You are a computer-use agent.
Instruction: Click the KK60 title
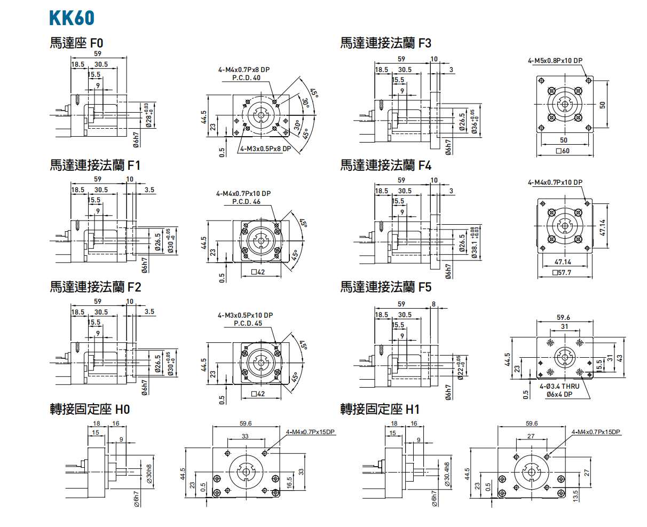click(x=72, y=18)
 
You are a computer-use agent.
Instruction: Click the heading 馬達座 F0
click(x=76, y=43)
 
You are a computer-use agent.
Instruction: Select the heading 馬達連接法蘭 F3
click(x=385, y=43)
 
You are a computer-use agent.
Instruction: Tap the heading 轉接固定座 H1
click(x=380, y=409)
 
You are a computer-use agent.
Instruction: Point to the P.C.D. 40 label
click(x=246, y=78)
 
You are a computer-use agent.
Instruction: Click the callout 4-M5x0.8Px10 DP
click(x=555, y=61)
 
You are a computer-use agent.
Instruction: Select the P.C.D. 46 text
click(x=246, y=202)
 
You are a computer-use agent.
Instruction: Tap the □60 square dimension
click(x=563, y=151)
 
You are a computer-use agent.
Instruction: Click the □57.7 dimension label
click(x=563, y=273)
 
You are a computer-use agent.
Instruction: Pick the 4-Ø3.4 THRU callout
click(x=559, y=386)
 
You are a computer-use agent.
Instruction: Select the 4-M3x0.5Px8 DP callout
click(x=265, y=149)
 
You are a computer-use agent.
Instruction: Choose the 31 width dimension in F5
click(x=564, y=326)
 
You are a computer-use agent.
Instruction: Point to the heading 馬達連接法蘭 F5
click(x=385, y=287)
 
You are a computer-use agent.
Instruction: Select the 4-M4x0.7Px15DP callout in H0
click(x=310, y=431)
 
